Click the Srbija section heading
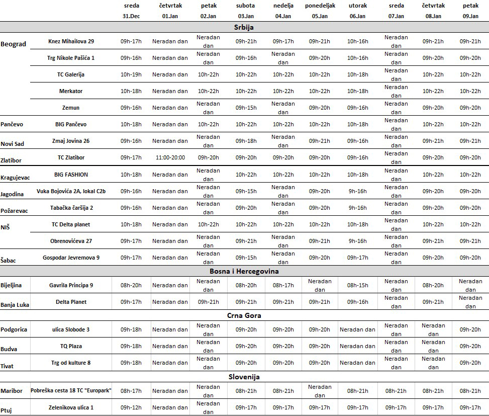tap(244, 27)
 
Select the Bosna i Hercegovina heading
tap(244, 271)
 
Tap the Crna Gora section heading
tap(244, 315)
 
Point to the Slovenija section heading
tap(244, 377)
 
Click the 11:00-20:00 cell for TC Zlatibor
tap(170, 157)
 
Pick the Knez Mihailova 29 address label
tap(71, 41)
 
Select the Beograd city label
tap(14, 44)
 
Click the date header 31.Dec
tap(132, 16)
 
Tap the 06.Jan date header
tap(357, 16)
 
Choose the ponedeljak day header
tap(320, 6)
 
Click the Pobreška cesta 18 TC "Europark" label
tap(71, 391)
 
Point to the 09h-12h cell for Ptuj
tap(132, 407)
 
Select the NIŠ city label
tap(6, 227)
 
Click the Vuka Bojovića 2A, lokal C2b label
tap(71, 191)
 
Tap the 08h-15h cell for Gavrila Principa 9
tap(357, 285)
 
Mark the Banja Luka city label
tap(15, 305)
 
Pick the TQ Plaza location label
tap(71, 346)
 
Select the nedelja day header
tap(283, 6)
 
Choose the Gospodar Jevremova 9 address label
tap(71, 258)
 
